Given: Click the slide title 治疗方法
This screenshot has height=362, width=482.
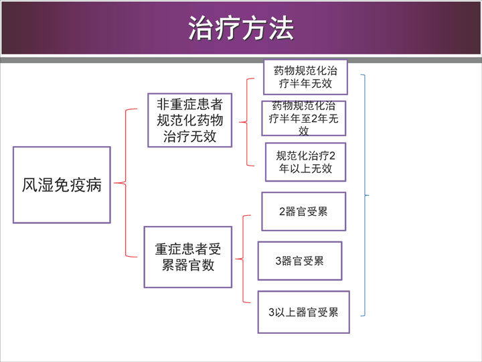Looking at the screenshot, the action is pos(241,28).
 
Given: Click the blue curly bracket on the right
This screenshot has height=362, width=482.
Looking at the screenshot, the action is pos(365,195).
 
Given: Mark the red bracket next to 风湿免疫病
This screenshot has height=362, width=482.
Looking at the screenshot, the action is pos(125,183).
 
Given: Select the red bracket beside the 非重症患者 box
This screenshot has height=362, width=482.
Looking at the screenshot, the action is pos(247,122).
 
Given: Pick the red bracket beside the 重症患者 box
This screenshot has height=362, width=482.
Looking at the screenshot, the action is pos(243,259).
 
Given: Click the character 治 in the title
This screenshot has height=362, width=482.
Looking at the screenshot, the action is pos(201,28).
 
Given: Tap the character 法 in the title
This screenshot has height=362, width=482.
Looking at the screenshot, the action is pos(281,28).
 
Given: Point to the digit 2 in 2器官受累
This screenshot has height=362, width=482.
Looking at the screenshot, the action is pos(283,212).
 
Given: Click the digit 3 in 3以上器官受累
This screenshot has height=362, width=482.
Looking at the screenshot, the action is pos(271,312).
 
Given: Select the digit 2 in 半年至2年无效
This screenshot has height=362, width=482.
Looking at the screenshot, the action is pos(315,119).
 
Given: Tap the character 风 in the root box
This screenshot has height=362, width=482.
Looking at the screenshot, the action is pos(30,185).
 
